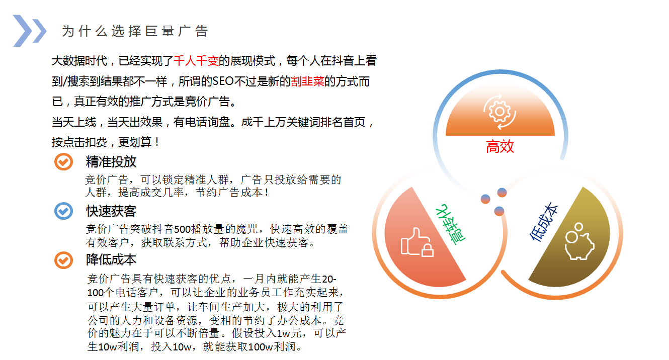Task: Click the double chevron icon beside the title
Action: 30,31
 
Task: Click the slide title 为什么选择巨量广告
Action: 135,31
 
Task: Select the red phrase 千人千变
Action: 196,61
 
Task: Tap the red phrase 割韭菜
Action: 307,81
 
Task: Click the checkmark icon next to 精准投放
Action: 63,162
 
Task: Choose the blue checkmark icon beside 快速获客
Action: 63,211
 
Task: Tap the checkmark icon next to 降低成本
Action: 63,260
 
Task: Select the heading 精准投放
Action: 111,162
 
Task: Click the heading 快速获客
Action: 111,211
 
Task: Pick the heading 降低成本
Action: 111,260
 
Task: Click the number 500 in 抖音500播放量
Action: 182,229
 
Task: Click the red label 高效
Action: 500,147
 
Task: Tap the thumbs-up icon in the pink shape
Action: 417,242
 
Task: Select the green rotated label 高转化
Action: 450,224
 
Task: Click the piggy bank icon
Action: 579,241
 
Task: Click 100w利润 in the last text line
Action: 272,347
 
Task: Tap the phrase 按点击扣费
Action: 79,142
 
